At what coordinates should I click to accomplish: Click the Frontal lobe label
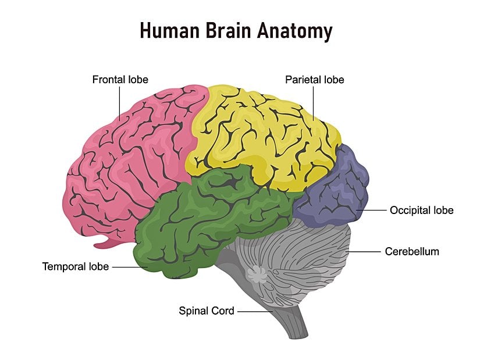coord(120,80)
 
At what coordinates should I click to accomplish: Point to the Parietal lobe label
coord(314,80)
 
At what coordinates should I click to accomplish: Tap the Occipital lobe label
coord(421,210)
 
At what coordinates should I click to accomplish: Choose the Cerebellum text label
coord(412,252)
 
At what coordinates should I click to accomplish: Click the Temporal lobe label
coord(75,267)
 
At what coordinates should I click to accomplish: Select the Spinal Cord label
coord(206,311)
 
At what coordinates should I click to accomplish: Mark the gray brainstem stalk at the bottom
coord(291,323)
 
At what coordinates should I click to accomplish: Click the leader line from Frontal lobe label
coord(120,102)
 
